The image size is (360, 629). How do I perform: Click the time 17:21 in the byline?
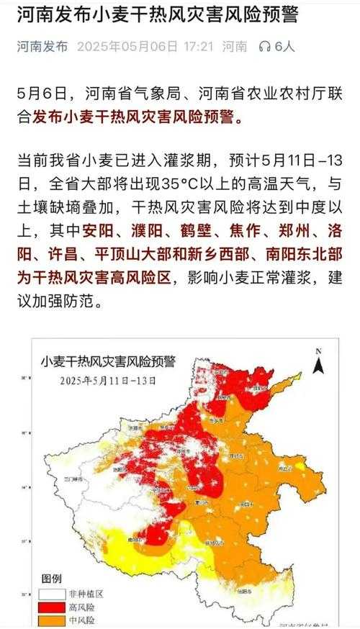[198, 47]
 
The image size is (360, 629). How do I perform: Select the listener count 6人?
[284, 47]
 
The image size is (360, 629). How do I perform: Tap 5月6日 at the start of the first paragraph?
[40, 94]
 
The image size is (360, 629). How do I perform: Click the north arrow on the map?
[318, 362]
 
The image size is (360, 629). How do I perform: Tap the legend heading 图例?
[52, 578]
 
